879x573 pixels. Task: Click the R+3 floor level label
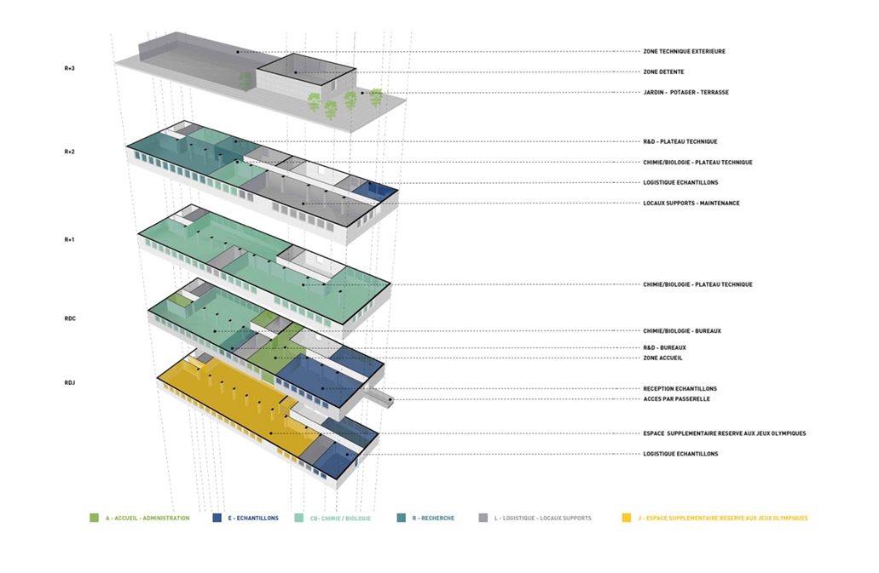(70, 68)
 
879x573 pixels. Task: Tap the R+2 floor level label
(70, 152)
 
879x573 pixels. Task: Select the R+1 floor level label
(70, 239)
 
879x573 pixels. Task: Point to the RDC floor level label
(70, 318)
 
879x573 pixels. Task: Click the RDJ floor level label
(70, 383)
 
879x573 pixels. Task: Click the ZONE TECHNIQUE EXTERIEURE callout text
(684, 51)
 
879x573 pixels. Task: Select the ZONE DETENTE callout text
(663, 72)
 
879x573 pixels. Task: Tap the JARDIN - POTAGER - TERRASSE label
(685, 92)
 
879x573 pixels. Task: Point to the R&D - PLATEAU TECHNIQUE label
(680, 141)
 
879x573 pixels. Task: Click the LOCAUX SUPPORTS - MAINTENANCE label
(691, 203)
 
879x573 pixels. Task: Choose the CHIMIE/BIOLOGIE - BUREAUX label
(682, 330)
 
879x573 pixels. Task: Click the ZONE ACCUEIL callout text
(662, 358)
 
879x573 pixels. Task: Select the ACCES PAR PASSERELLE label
(676, 399)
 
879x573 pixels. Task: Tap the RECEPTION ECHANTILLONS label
(679, 388)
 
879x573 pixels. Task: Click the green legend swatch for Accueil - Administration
(94, 519)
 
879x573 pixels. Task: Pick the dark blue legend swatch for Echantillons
(217, 519)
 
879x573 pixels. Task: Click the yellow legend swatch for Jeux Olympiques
(626, 519)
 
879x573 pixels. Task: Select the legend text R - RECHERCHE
(433, 519)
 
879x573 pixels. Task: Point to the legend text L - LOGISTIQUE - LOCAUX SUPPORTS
(542, 519)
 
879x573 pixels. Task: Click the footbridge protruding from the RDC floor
(378, 396)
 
